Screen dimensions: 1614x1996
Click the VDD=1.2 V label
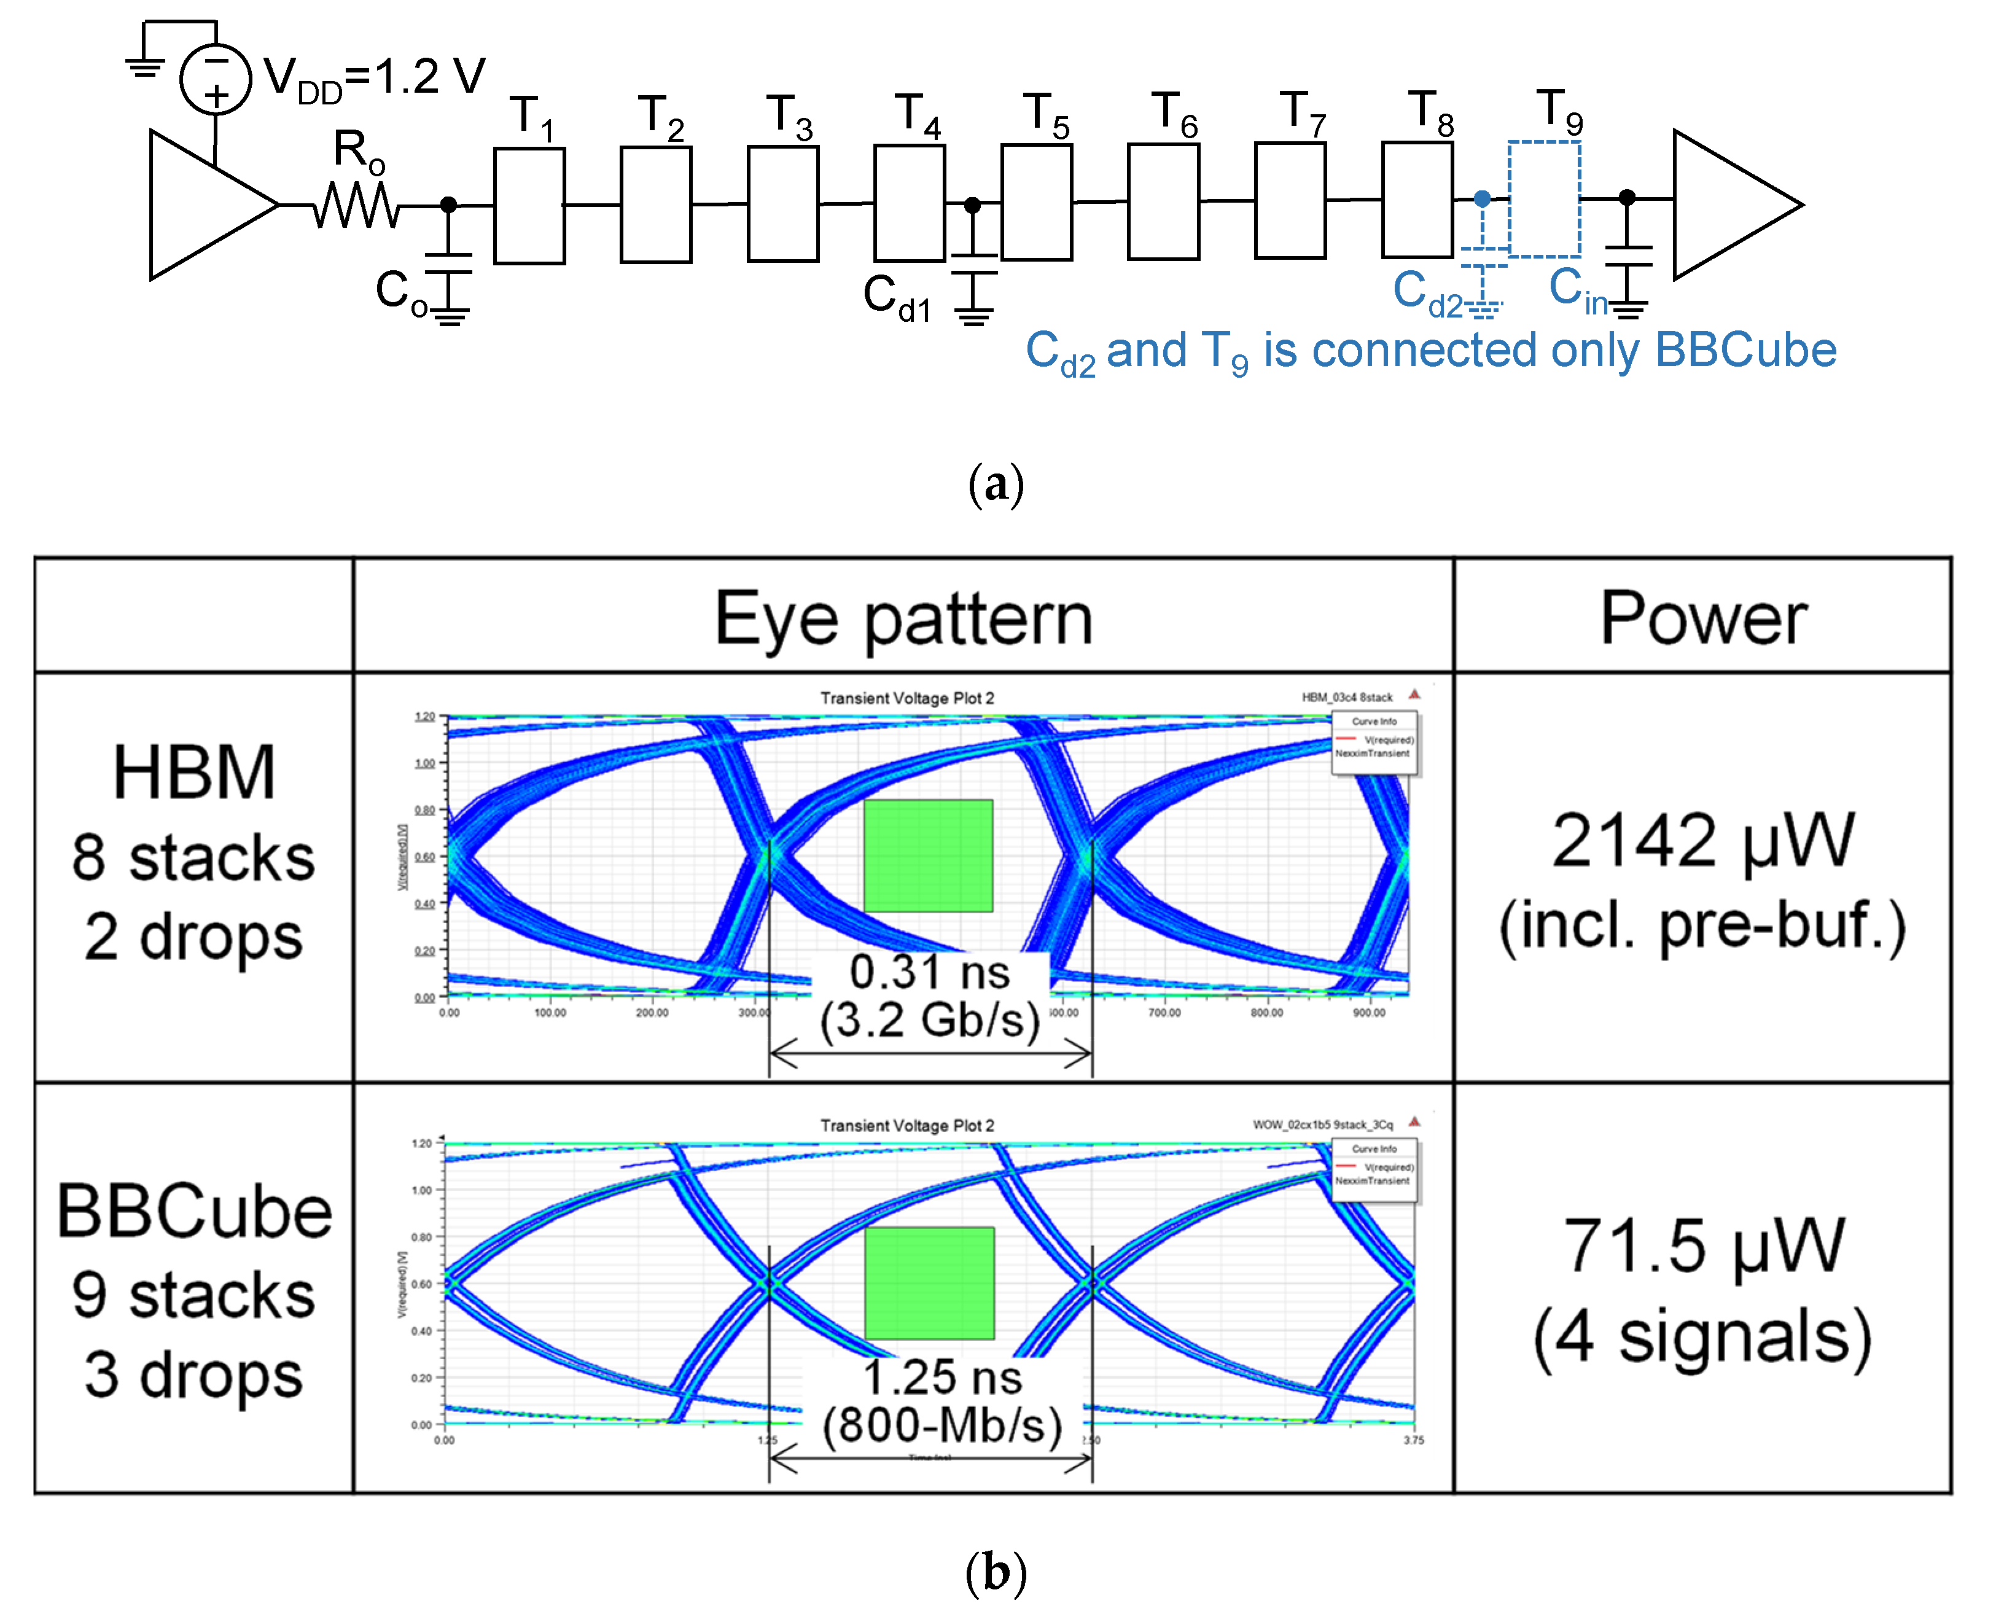pos(374,78)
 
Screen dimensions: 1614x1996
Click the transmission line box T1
pos(529,206)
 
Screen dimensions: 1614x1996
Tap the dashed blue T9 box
pos(1544,199)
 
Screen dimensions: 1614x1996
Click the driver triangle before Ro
pos(205,205)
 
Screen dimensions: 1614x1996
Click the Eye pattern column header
pos(903,618)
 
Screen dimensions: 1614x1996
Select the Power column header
pos(1702,618)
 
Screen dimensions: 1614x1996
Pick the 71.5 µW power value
pos(1702,1247)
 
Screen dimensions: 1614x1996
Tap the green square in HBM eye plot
pos(928,856)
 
